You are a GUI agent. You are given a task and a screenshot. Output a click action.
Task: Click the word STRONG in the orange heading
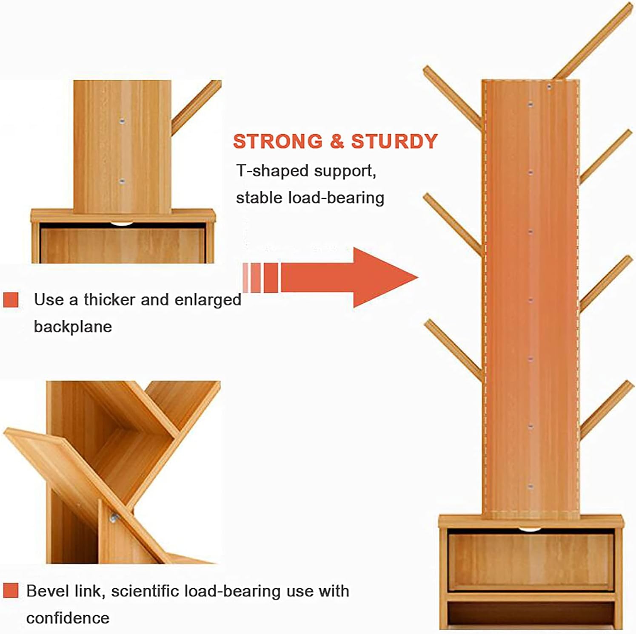[278, 142]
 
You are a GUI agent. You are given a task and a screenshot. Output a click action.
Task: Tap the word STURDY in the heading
[394, 142]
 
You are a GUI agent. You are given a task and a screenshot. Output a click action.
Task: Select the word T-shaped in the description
[272, 171]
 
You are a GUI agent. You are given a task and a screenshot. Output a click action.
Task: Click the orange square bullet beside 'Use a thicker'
[11, 300]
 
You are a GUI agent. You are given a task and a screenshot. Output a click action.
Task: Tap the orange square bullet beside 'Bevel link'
[11, 591]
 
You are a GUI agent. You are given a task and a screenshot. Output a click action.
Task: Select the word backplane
[73, 327]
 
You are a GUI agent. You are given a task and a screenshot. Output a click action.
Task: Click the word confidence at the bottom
[68, 618]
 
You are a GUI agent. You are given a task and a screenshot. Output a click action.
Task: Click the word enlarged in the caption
[208, 300]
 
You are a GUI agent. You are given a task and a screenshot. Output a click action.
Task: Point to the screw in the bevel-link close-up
[114, 518]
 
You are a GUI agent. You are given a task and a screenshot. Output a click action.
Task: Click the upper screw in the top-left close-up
[122, 121]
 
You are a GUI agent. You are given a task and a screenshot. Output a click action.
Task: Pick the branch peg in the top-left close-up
[196, 108]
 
